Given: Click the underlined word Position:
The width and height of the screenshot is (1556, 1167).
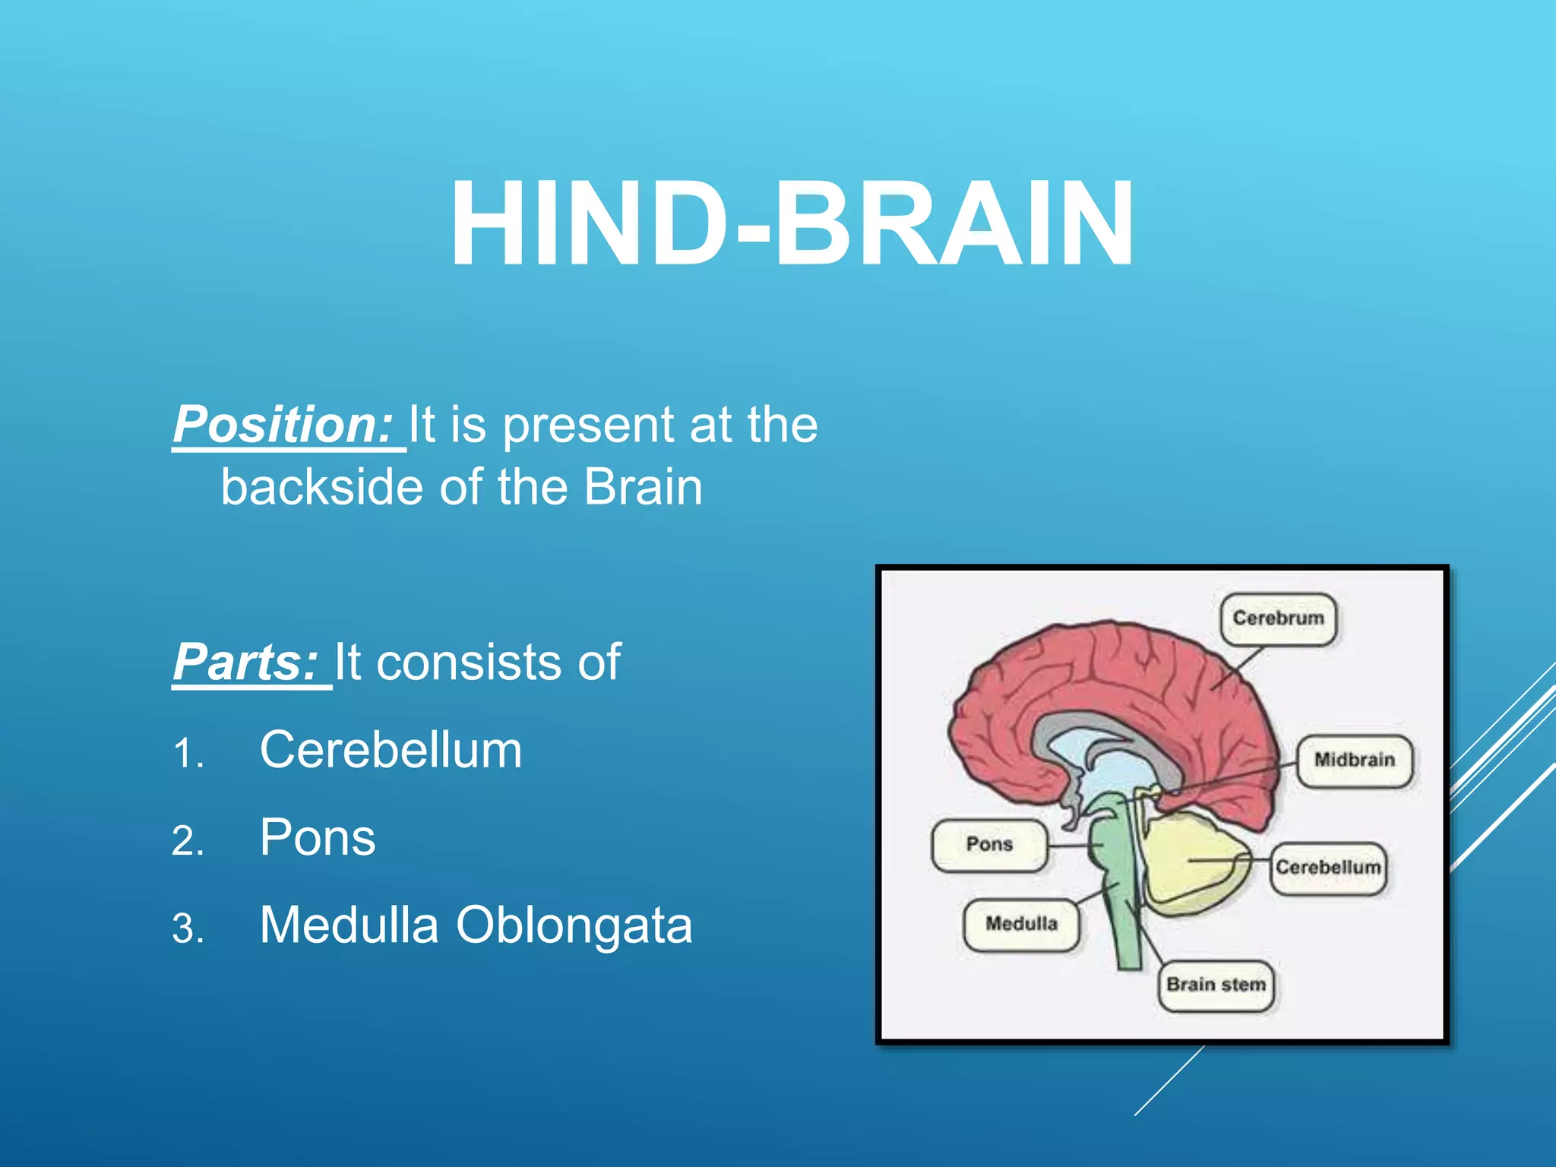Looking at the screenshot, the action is tap(283, 425).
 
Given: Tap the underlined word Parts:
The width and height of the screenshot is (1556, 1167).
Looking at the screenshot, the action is tap(245, 663).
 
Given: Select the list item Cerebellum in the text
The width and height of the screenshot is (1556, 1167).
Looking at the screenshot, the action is tap(391, 750).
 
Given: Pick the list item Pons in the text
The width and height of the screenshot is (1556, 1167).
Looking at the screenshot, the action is tap(318, 837).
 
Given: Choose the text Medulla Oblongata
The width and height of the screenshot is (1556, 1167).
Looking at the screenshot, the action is tap(476, 925).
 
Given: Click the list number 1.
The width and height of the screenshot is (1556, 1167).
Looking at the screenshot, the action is tap(187, 754).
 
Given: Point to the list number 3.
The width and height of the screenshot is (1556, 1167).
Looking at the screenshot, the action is tap(187, 929).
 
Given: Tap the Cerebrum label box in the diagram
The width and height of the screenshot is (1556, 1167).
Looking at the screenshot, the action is tap(1278, 618).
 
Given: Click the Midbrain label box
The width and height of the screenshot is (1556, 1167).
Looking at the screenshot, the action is tap(1354, 760).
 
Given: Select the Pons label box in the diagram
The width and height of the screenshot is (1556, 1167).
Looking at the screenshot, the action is tap(988, 844).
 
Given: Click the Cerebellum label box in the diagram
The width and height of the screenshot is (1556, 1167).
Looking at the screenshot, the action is tap(1327, 868).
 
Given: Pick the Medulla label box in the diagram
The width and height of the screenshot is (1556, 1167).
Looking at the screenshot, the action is tap(1021, 924).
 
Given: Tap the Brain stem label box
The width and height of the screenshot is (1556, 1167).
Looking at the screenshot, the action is tap(1216, 985).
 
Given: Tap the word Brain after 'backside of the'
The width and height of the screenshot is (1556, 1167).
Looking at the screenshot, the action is tap(643, 487).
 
